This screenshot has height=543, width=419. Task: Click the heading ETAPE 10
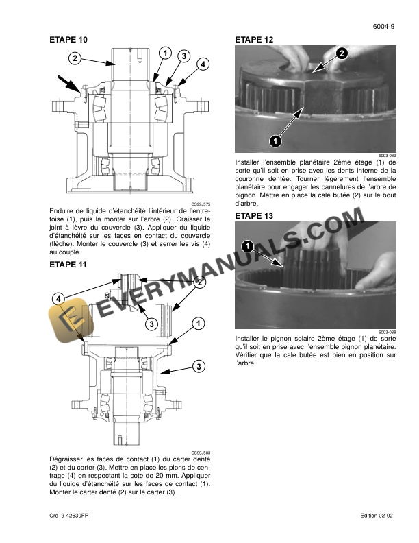pos(68,40)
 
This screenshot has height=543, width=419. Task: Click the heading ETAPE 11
pos(68,265)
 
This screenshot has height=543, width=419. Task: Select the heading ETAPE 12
pos(254,40)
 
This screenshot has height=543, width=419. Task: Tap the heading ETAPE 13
pos(254,216)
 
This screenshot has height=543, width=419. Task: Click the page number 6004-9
pos(383,27)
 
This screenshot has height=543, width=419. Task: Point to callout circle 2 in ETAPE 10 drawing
pos(75,58)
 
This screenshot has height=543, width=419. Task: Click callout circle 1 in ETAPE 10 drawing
pos(165,53)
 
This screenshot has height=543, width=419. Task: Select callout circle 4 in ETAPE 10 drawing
pos(203,64)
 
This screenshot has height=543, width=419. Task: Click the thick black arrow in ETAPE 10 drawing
pos(69,84)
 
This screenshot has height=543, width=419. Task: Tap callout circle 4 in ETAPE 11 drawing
pos(58,298)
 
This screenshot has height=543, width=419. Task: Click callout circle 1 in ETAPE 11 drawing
pos(198,324)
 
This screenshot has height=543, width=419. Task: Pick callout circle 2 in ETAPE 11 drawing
pos(199,282)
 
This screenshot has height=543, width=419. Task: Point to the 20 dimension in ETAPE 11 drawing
pos(107,295)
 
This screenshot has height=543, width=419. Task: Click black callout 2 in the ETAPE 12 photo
pos(342,53)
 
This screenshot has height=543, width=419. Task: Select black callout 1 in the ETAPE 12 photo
pos(275,141)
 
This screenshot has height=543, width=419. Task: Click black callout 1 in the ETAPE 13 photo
pos(248,247)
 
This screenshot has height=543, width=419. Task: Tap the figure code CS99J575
pos(201,204)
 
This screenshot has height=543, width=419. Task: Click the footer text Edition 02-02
pos(377,516)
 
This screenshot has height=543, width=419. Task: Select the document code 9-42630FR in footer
pos(75,516)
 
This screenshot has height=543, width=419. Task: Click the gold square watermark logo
pos(71,320)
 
